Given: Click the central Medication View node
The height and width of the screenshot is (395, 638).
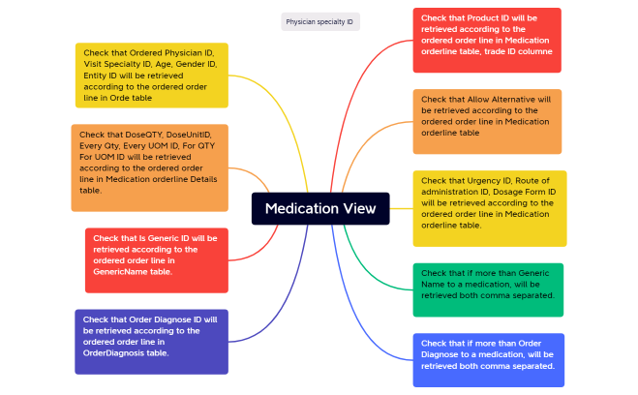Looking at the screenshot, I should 320,208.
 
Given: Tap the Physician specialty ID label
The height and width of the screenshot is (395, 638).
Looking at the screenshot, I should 319,21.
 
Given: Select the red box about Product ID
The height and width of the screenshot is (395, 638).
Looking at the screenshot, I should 486,40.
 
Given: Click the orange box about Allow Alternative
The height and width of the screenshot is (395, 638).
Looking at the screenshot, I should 486,121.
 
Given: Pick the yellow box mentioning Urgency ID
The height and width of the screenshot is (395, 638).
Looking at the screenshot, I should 489,208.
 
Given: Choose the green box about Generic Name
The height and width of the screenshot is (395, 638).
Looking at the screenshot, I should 487,289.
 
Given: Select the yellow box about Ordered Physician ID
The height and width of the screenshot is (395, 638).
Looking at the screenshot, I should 151,75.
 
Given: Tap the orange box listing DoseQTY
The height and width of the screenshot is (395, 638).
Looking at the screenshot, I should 149,167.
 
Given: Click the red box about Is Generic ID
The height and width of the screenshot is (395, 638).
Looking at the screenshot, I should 156,259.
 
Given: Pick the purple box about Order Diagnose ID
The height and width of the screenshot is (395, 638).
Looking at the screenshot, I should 151,341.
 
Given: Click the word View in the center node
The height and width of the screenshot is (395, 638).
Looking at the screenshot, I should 360,208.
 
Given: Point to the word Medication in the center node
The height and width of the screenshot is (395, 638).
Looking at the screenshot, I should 299,208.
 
